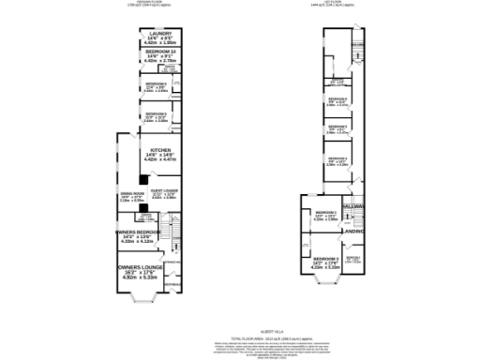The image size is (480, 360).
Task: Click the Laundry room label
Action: tap(146, 36)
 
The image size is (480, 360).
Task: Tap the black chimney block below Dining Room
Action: tap(142, 209)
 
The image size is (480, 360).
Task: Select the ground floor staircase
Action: tap(171, 230)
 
